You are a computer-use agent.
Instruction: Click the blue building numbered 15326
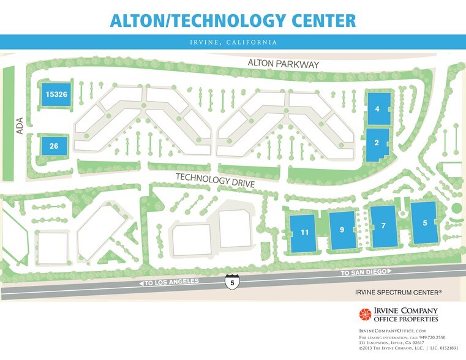(55, 95)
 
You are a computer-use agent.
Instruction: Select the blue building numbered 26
(54, 146)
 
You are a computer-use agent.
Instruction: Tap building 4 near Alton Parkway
(378, 109)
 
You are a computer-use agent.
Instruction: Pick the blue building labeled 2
(377, 144)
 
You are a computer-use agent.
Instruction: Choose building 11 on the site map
(304, 232)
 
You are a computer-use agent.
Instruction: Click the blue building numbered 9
(342, 229)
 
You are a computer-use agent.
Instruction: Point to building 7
(383, 226)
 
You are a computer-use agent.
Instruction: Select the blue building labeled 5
(425, 223)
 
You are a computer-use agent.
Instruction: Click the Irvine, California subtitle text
(233, 42)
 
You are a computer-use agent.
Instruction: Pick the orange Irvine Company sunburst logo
(365, 314)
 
